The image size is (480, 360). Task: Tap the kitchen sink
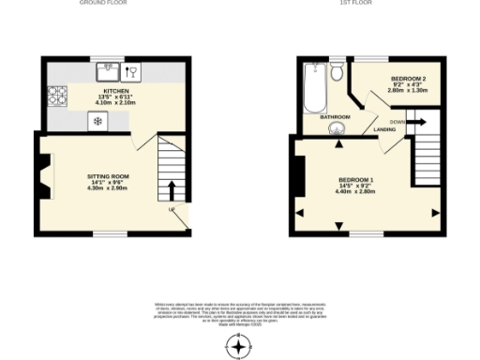(x=109, y=68)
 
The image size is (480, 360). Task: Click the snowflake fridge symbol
(x=97, y=121)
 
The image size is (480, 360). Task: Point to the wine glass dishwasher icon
(x=133, y=69)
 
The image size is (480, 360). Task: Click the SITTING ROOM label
(x=108, y=175)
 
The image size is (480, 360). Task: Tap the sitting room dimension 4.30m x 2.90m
(x=108, y=187)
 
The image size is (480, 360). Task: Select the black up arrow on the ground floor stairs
(x=171, y=190)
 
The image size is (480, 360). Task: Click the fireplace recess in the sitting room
(x=43, y=175)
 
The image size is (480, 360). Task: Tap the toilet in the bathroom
(x=337, y=69)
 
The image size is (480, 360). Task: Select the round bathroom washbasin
(x=336, y=129)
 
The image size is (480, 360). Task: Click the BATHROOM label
(x=335, y=116)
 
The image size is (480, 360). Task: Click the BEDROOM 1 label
(x=356, y=179)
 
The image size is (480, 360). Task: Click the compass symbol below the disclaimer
(x=240, y=347)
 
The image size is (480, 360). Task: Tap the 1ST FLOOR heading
(x=357, y=4)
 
